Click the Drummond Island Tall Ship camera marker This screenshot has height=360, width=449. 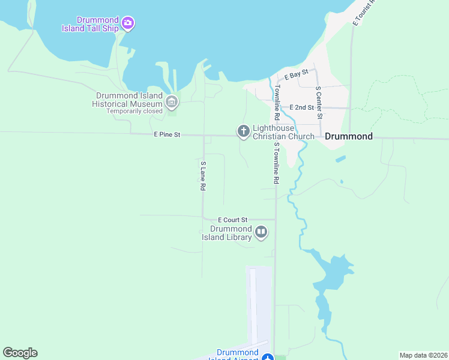point(127,23)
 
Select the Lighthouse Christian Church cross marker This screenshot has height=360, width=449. point(243,131)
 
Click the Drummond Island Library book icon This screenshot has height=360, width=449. point(261,232)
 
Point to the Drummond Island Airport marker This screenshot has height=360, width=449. point(268,358)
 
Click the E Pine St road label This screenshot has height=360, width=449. point(167,135)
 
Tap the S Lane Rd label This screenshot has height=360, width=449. point(203,176)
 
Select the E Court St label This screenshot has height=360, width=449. point(232,220)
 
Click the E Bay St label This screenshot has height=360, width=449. point(297,75)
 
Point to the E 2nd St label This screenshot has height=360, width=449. point(301,107)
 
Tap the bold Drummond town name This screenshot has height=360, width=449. point(349,136)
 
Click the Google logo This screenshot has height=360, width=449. point(20,353)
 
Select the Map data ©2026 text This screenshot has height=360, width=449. point(423,355)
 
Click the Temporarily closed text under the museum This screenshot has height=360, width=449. point(134,111)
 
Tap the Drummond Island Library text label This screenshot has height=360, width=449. point(231,233)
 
